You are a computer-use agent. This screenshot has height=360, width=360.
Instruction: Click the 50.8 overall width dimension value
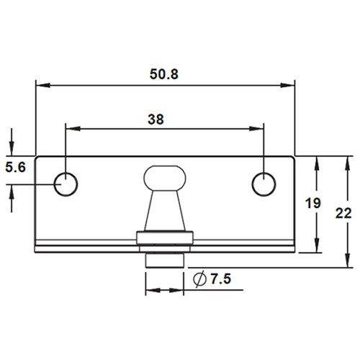tap(165, 73)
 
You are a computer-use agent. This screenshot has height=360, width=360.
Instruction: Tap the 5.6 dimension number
tap(15, 168)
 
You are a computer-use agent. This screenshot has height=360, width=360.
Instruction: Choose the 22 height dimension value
tap(343, 212)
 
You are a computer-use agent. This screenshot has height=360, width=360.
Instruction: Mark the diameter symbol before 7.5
tap(199, 279)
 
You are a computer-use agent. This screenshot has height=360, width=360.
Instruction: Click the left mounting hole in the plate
tap(66, 184)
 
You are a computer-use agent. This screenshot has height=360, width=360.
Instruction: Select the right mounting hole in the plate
tap(263, 184)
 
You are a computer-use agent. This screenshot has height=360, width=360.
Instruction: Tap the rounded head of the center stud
tap(165, 177)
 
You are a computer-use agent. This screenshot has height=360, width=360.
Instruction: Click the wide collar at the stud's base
tap(165, 238)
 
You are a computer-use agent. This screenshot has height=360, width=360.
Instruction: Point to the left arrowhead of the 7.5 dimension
tap(150, 292)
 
